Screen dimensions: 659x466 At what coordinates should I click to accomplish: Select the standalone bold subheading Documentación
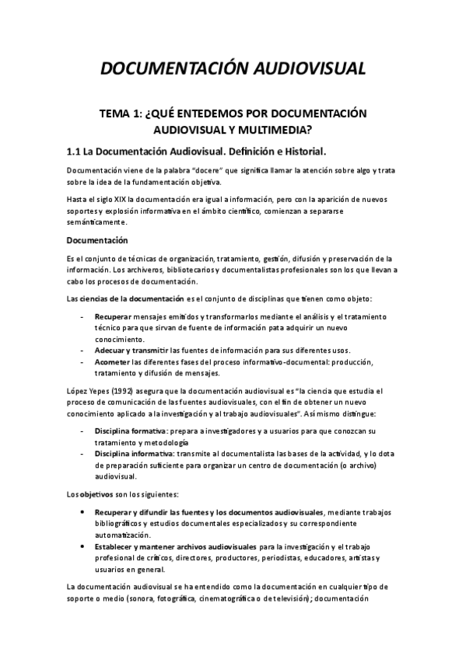pyautogui.click(x=97, y=239)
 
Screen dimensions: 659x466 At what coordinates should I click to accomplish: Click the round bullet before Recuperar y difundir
pyautogui.click(x=82, y=512)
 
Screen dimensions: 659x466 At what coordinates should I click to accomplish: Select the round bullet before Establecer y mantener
pyautogui.click(x=82, y=546)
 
